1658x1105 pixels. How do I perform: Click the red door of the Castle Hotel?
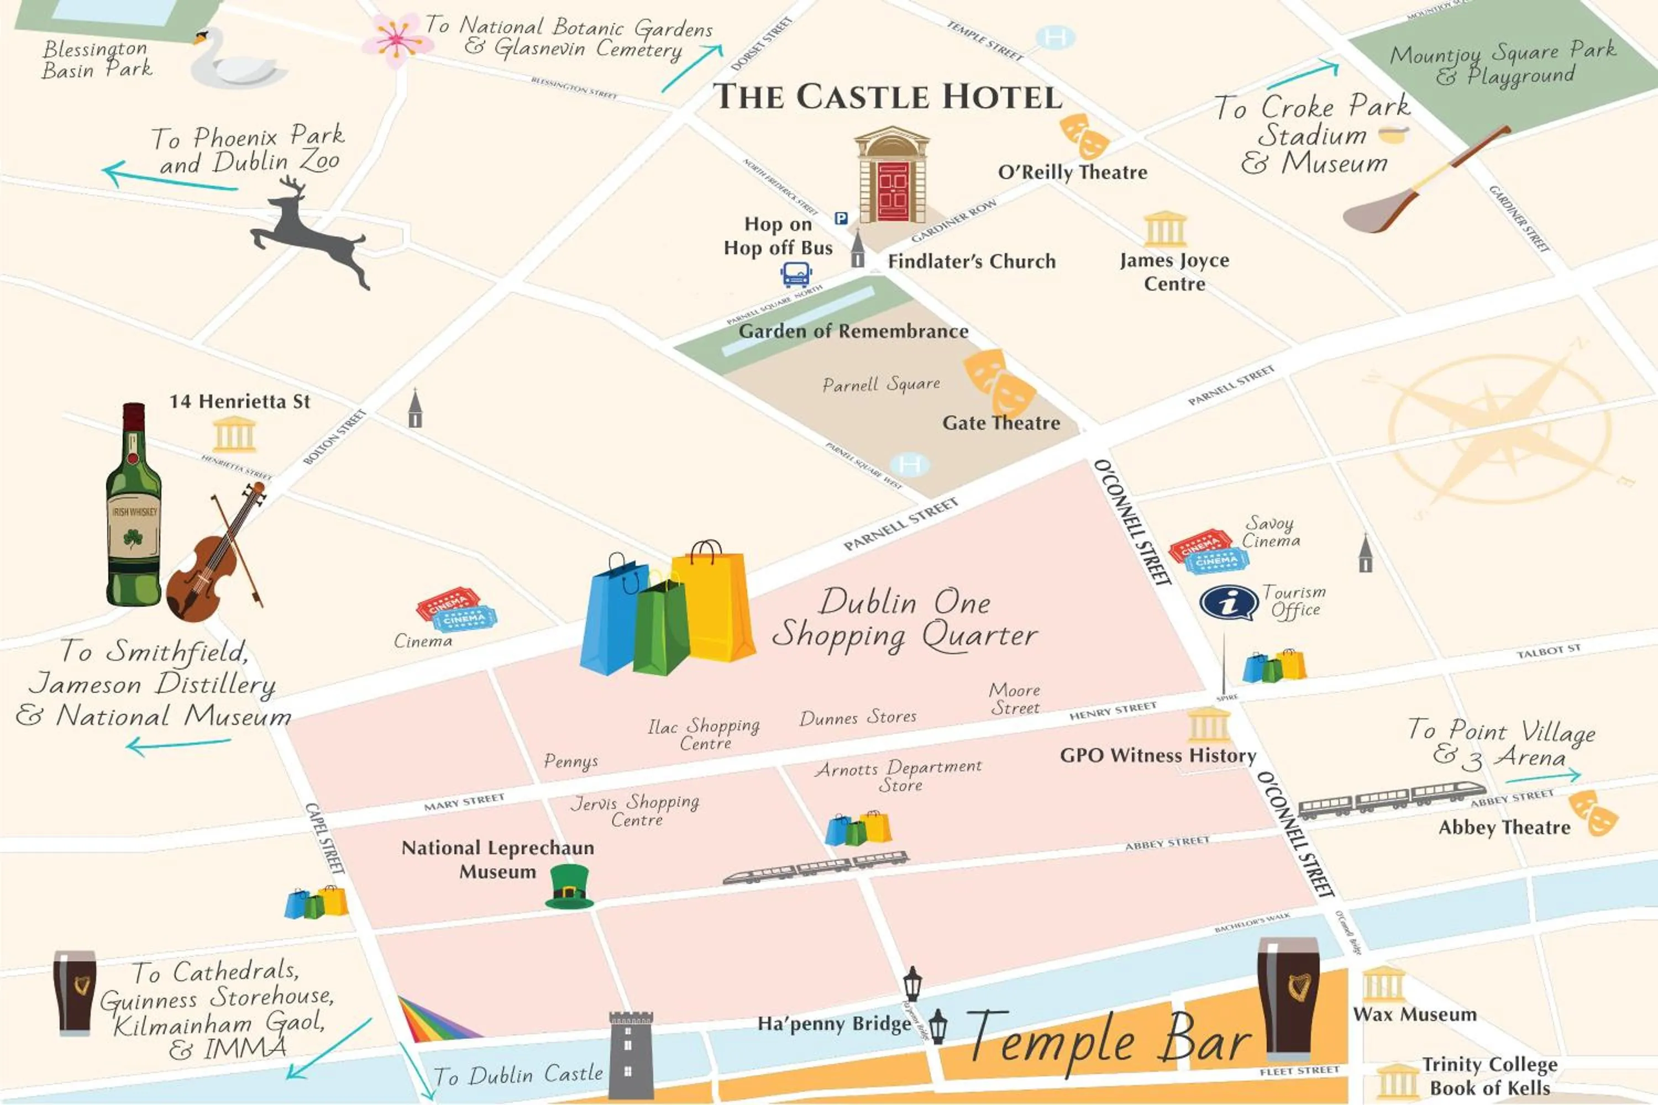point(893,192)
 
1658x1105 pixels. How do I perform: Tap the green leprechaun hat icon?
point(569,887)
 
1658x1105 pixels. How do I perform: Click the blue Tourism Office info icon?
point(1229,603)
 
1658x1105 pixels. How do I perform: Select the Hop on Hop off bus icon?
point(796,273)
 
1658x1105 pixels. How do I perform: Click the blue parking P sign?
point(841,218)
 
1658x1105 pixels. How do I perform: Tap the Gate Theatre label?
point(1001,423)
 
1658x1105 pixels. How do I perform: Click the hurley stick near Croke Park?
point(1424,183)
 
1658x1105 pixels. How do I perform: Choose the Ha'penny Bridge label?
point(834,1023)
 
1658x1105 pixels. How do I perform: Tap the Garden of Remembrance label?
point(853,331)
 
